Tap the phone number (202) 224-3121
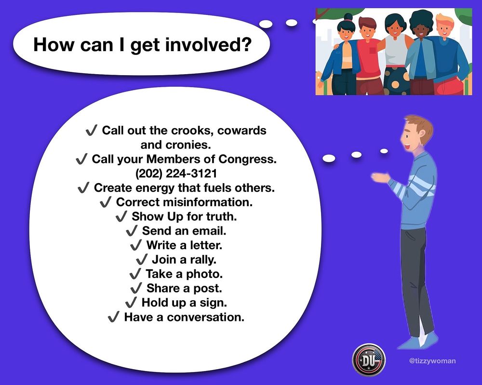[x=176, y=173]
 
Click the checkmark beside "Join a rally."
[x=142, y=260]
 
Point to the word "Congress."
[x=247, y=159]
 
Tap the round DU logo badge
[x=369, y=360]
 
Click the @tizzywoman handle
[x=432, y=361]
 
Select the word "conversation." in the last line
[x=206, y=317]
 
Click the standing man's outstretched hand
[x=380, y=177]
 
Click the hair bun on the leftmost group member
[x=348, y=17]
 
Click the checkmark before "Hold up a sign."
[x=131, y=303]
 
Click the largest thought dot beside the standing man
[x=329, y=158]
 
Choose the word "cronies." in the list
[x=188, y=145]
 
